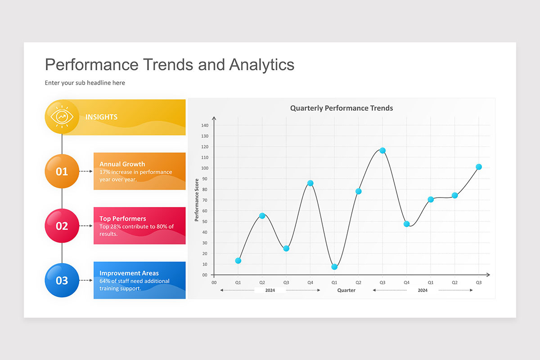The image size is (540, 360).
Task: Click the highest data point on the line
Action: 382,150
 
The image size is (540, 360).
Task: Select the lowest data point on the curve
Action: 334,267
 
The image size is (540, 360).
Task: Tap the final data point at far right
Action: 479,167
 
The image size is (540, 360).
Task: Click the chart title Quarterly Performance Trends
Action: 341,108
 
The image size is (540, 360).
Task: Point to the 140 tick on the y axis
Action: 205,125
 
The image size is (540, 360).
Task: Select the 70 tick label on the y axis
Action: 205,200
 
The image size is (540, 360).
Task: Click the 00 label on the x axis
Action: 214,283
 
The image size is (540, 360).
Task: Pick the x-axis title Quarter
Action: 346,290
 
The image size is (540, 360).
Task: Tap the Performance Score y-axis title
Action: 197,200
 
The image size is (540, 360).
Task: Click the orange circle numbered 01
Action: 62,171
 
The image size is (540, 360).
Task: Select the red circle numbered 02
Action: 62,226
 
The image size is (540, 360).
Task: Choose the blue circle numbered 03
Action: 62,280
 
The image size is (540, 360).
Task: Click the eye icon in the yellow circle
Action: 62,117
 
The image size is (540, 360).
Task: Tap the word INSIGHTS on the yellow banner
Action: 101,117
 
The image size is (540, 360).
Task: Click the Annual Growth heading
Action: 122,164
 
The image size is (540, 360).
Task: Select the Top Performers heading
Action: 122,219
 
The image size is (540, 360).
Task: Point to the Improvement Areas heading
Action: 129,273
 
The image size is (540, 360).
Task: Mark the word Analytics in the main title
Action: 261,64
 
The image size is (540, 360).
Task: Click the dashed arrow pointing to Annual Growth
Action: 86,171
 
